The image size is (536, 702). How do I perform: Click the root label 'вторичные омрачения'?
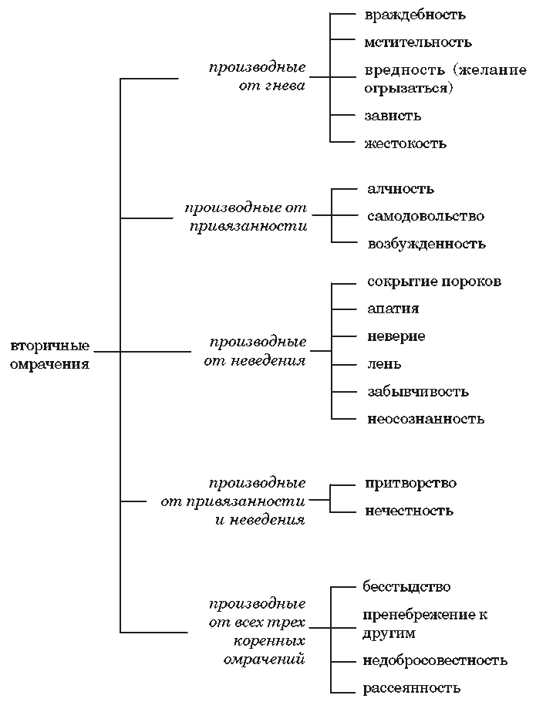click(49, 355)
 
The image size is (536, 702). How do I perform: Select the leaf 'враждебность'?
click(415, 15)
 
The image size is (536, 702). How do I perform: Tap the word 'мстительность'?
click(418, 42)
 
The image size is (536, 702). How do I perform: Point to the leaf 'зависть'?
click(393, 116)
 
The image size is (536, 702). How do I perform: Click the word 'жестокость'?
click(406, 143)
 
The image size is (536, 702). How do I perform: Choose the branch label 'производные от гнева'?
click(258, 76)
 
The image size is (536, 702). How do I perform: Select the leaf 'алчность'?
click(400, 188)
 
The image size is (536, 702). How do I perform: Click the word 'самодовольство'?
click(426, 216)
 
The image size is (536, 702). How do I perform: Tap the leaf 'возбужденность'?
click(426, 244)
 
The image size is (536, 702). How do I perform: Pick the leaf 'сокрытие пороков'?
click(434, 282)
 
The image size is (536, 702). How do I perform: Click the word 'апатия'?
click(393, 309)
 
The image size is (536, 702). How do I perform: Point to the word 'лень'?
click(384, 364)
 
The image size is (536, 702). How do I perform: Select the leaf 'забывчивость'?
click(418, 392)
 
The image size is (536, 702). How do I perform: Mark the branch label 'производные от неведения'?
click(255, 352)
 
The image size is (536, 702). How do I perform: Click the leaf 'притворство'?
click(410, 484)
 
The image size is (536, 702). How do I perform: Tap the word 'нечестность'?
click(409, 511)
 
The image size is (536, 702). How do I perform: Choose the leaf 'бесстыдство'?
click(406, 587)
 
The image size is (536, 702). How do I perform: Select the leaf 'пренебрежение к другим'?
click(425, 624)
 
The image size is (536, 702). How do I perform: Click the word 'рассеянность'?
click(411, 687)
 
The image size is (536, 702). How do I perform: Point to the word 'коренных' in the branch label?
click(269, 641)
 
